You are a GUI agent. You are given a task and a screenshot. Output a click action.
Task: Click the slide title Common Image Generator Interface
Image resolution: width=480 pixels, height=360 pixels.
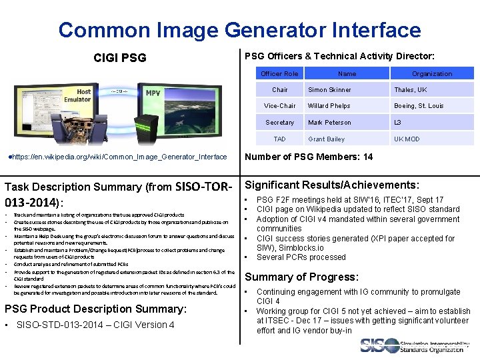pyautogui.click(x=239, y=30)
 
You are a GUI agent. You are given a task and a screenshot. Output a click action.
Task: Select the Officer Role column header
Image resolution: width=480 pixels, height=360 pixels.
pyautogui.click(x=279, y=73)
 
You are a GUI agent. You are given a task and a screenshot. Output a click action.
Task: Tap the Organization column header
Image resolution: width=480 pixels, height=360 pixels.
pyautogui.click(x=431, y=73)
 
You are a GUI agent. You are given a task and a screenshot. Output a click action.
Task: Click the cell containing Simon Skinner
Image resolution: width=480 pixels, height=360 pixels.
pyautogui.click(x=329, y=90)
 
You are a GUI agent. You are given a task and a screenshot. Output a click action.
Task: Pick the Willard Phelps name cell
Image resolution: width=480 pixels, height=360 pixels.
pyautogui.click(x=329, y=106)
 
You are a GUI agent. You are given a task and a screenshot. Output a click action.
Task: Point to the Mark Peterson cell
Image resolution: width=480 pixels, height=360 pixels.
pyautogui.click(x=329, y=123)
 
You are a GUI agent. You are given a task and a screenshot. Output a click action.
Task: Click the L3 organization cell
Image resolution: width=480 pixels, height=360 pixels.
pyautogui.click(x=398, y=123)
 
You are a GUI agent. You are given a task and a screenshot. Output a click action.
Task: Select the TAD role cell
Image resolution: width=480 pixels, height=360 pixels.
pyautogui.click(x=279, y=139)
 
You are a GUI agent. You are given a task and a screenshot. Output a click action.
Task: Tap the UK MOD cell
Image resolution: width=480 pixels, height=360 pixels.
pyautogui.click(x=407, y=139)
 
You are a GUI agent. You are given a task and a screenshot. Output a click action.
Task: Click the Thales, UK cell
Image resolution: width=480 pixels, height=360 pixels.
pyautogui.click(x=410, y=90)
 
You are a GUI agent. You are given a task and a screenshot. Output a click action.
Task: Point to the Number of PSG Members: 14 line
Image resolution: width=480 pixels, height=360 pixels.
pyautogui.click(x=309, y=157)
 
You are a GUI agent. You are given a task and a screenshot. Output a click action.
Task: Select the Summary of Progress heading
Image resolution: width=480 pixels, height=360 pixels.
pyautogui.click(x=302, y=277)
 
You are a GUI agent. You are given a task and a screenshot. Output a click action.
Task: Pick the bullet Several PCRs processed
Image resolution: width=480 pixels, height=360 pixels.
pyautogui.click(x=301, y=257)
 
